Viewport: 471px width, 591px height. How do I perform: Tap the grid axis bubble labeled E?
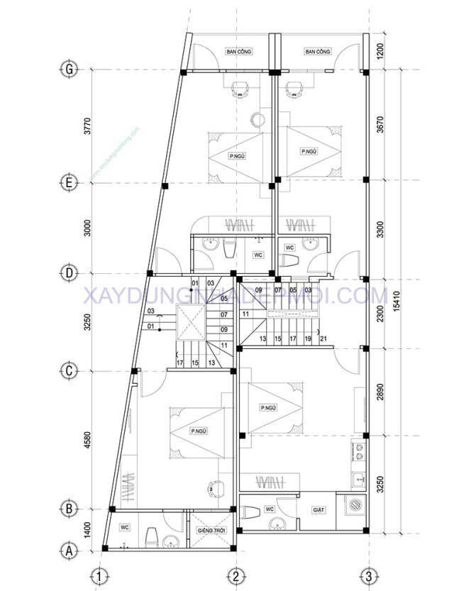[x=69, y=183]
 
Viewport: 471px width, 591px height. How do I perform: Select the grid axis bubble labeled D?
[x=69, y=272]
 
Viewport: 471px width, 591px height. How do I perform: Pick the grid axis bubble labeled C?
[x=69, y=370]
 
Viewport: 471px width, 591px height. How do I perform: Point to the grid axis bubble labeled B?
[x=69, y=509]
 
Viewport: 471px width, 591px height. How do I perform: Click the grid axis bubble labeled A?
[x=69, y=549]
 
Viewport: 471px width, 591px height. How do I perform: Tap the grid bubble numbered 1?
[x=102, y=575]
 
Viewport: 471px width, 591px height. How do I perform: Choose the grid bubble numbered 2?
[x=235, y=575]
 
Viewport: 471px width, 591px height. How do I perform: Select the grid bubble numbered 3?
[x=367, y=575]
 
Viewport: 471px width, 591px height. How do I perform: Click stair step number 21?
[x=323, y=339]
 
